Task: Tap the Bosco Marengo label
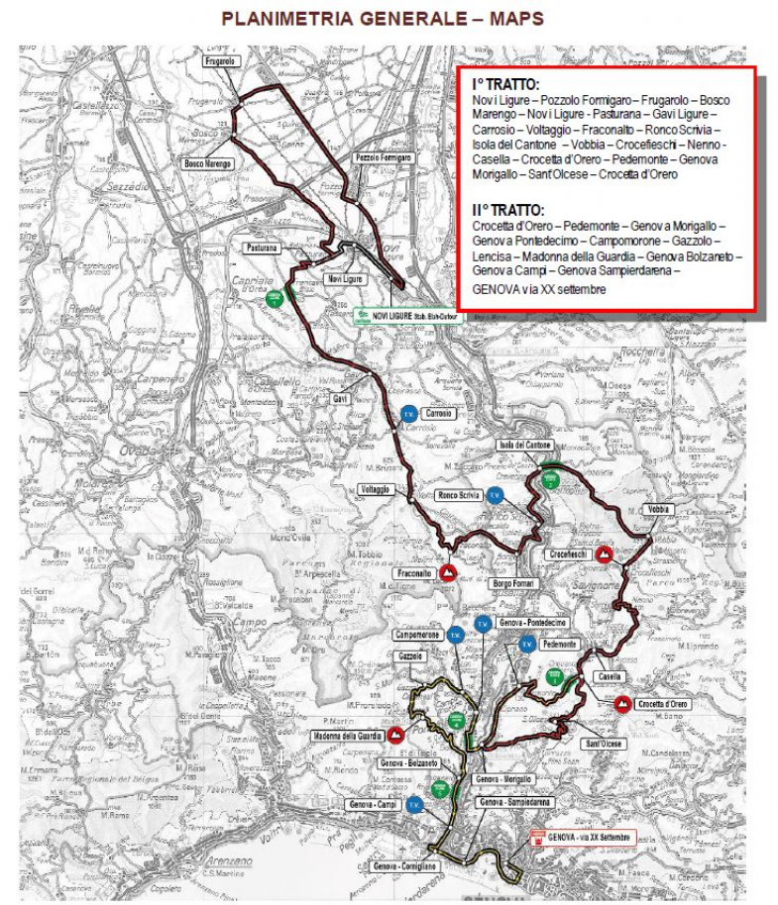click(x=208, y=163)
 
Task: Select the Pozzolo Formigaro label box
click(x=383, y=157)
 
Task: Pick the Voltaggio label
click(x=377, y=489)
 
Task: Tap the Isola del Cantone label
click(x=526, y=446)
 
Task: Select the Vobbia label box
click(x=658, y=509)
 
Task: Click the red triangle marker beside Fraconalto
click(x=448, y=572)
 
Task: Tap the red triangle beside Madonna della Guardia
click(x=395, y=735)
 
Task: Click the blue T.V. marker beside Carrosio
click(x=406, y=414)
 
